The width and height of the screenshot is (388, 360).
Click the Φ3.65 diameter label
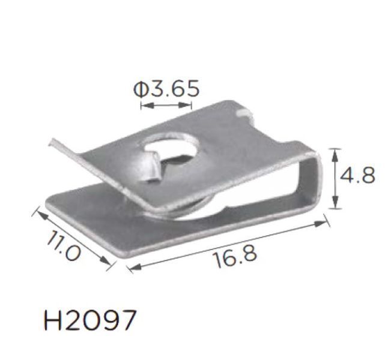(x=166, y=89)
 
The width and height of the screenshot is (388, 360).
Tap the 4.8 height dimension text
(x=357, y=175)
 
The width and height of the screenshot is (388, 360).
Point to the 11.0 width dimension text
(x=64, y=245)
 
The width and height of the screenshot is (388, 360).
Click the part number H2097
(x=90, y=320)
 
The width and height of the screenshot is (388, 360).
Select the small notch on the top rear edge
(x=244, y=113)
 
